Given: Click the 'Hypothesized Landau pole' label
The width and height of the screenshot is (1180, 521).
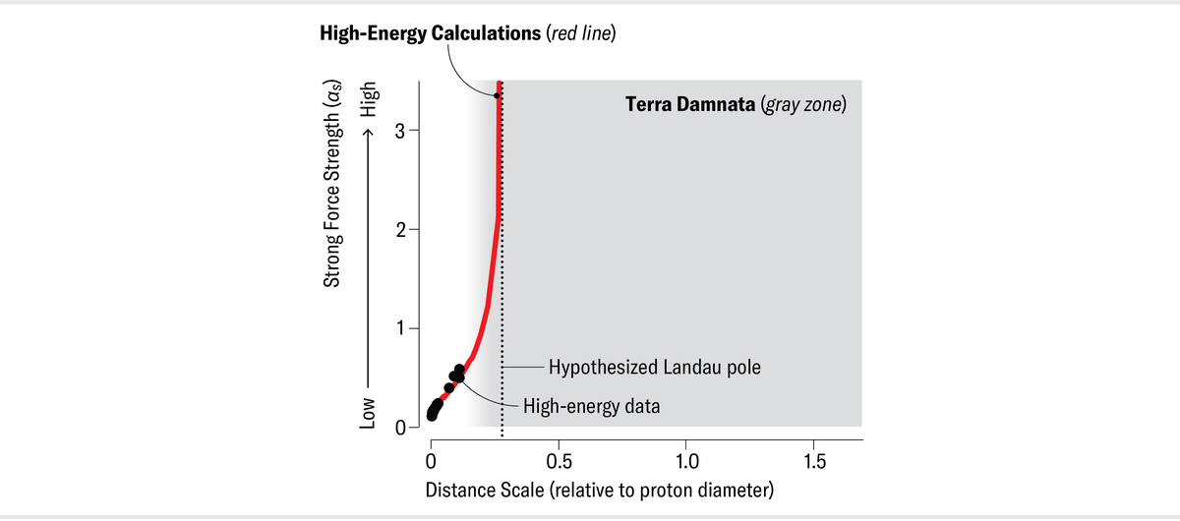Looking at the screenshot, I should click(x=655, y=368).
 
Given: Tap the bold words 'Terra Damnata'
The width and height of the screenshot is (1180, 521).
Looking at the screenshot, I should click(x=690, y=104).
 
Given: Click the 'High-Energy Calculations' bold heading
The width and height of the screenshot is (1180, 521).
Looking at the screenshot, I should click(x=429, y=33).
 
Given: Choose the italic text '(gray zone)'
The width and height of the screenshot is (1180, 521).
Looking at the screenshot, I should click(x=803, y=104).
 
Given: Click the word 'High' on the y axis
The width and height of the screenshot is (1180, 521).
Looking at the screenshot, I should click(x=369, y=98).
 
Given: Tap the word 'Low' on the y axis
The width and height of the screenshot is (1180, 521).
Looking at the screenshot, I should click(x=369, y=410).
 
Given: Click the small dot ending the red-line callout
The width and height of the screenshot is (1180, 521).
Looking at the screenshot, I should click(x=497, y=95).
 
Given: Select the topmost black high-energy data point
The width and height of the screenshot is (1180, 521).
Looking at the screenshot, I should click(x=459, y=369).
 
